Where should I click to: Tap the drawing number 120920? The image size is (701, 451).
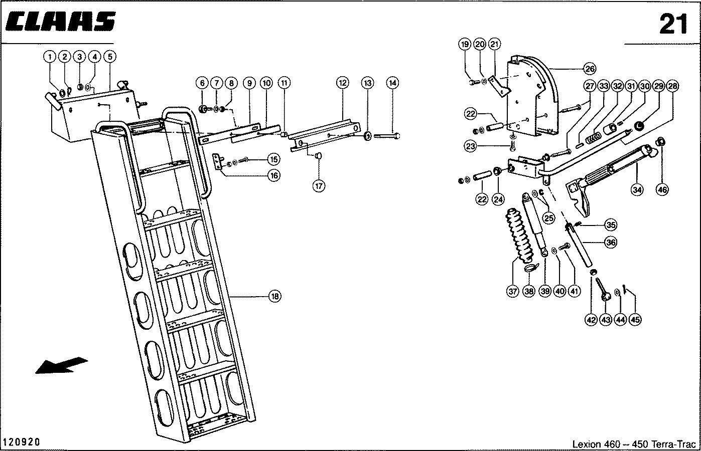(21, 442)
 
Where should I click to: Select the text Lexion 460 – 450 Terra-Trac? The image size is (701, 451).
(634, 444)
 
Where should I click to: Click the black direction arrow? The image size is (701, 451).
(61, 364)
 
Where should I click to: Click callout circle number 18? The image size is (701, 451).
(274, 297)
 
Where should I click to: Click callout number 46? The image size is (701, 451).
(662, 189)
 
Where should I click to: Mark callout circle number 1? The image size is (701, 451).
(50, 57)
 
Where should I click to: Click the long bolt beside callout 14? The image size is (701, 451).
(387, 135)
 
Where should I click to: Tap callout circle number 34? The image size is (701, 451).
(637, 189)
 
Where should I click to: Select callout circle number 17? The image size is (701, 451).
(319, 185)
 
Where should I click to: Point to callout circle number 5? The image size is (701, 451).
(109, 57)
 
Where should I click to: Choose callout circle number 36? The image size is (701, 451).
(610, 242)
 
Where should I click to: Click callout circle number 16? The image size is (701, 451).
(273, 175)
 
